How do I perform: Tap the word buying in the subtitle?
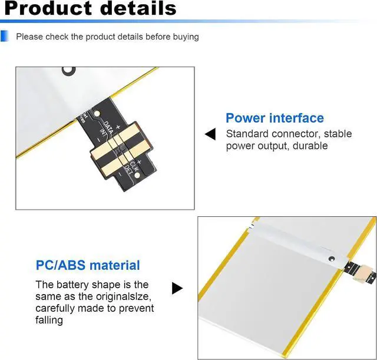pyautogui.click(x=185, y=37)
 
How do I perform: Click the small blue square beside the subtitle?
pyautogui.click(x=5, y=37)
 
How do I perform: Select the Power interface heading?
pyautogui.click(x=275, y=118)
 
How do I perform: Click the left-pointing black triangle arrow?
pyautogui.click(x=210, y=135)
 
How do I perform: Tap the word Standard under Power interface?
pyautogui.click(x=246, y=134)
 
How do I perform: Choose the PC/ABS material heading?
pyautogui.click(x=88, y=265)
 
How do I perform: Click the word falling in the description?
pyautogui.click(x=49, y=320)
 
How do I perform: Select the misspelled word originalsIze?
pyautogui.click(x=121, y=296)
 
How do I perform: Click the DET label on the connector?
pyautogui.click(x=128, y=171)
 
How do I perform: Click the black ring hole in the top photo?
pyautogui.click(x=70, y=70)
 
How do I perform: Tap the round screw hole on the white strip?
pyautogui.click(x=330, y=258)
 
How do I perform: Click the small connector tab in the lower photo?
pyautogui.click(x=361, y=269)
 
